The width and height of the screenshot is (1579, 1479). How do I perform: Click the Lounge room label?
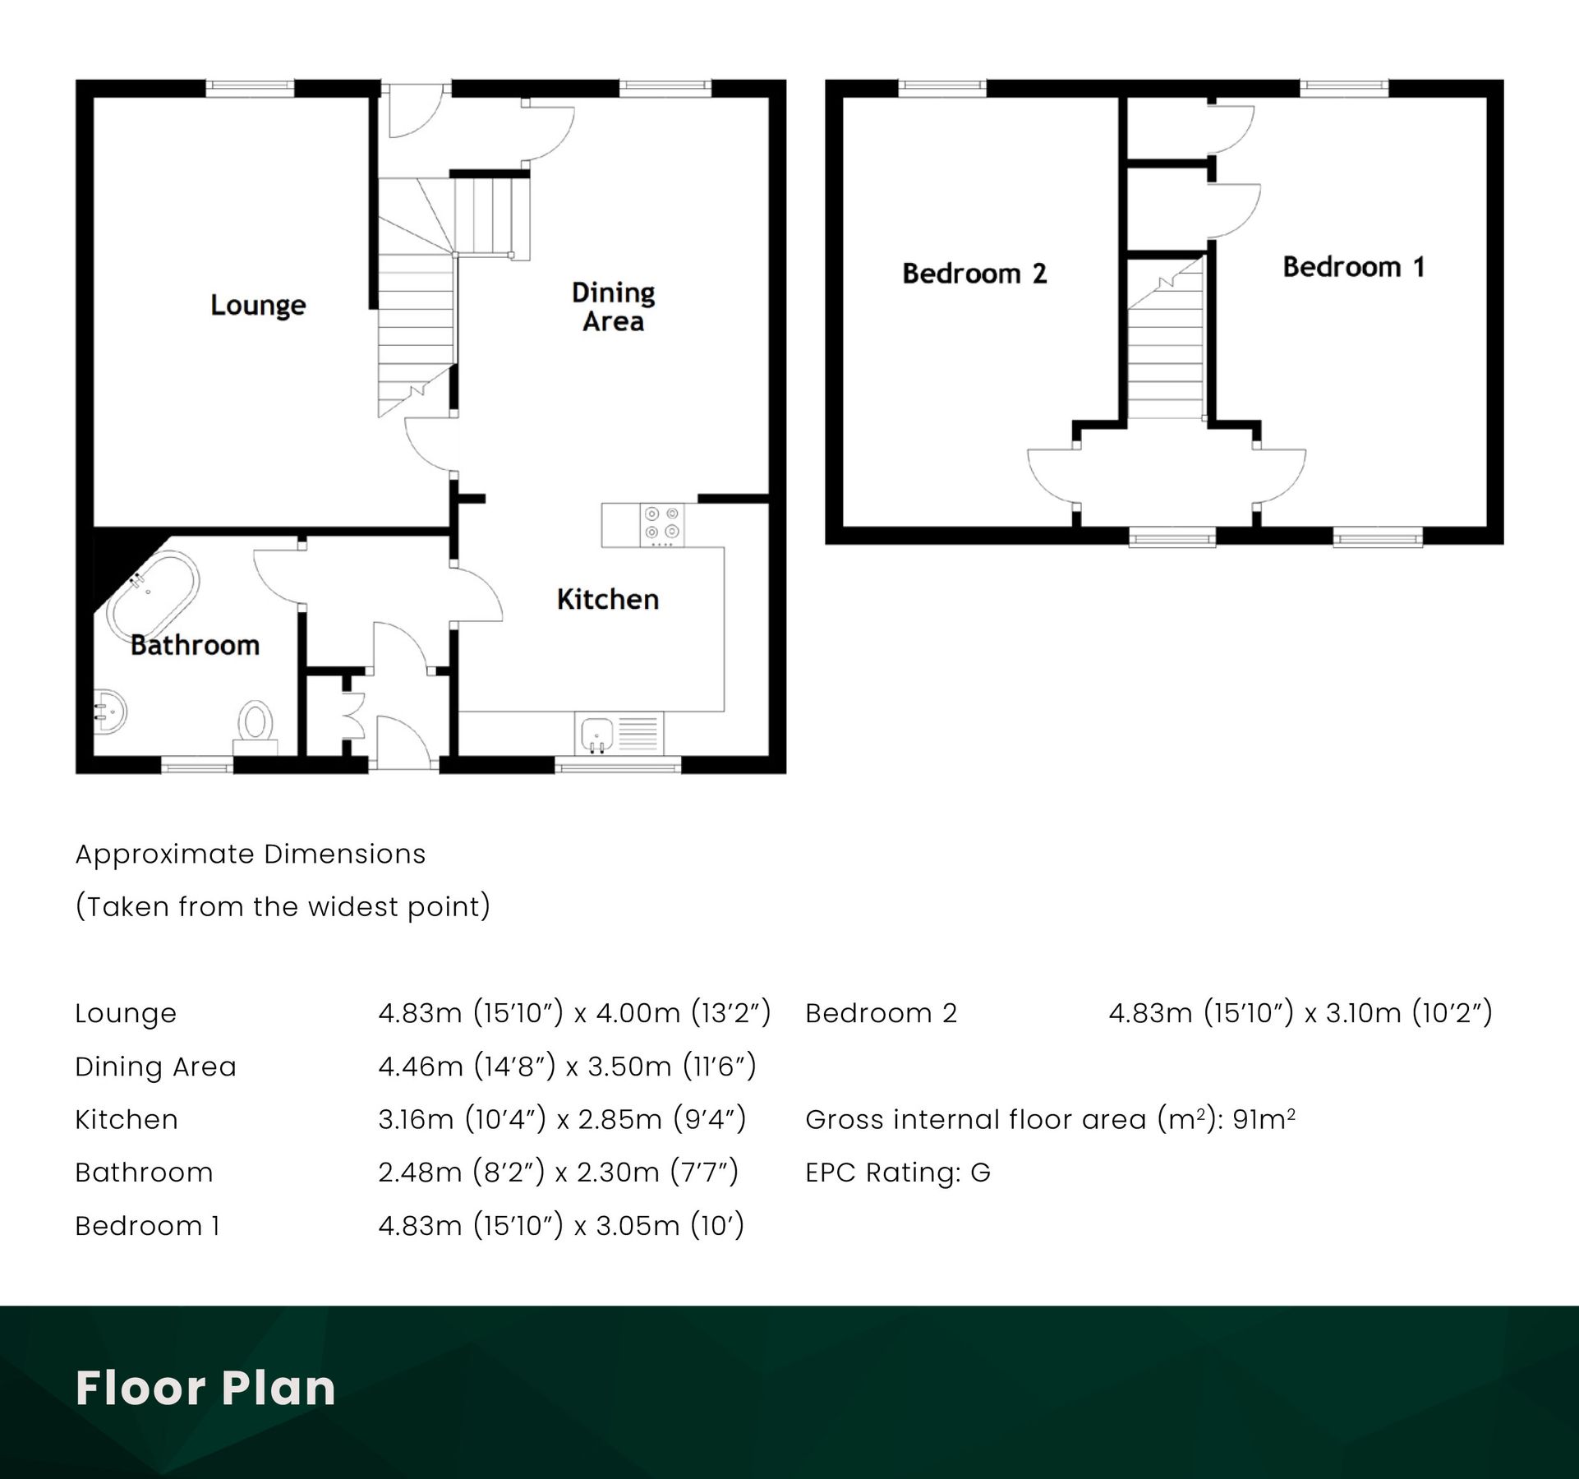coord(258,305)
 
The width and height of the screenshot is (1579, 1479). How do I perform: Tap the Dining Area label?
coord(613,306)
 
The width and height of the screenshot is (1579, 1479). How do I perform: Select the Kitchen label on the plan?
coord(607,599)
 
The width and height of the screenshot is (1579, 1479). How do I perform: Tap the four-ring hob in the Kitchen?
coord(662,525)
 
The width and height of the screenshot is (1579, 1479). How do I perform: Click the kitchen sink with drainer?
coord(619,733)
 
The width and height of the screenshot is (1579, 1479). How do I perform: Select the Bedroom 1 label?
coord(1353,267)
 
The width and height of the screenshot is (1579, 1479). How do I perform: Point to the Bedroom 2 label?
coord(974,273)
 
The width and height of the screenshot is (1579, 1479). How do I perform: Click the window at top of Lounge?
coord(250,88)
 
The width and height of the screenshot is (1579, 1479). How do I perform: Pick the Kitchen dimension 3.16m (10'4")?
coord(462,1119)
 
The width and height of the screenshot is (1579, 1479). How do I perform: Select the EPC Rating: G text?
coord(897,1173)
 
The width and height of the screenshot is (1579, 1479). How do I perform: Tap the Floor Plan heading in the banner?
coord(205,1388)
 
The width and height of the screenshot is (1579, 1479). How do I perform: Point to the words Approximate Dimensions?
coord(251,855)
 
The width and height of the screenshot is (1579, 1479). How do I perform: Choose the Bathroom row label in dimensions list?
coord(144,1173)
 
